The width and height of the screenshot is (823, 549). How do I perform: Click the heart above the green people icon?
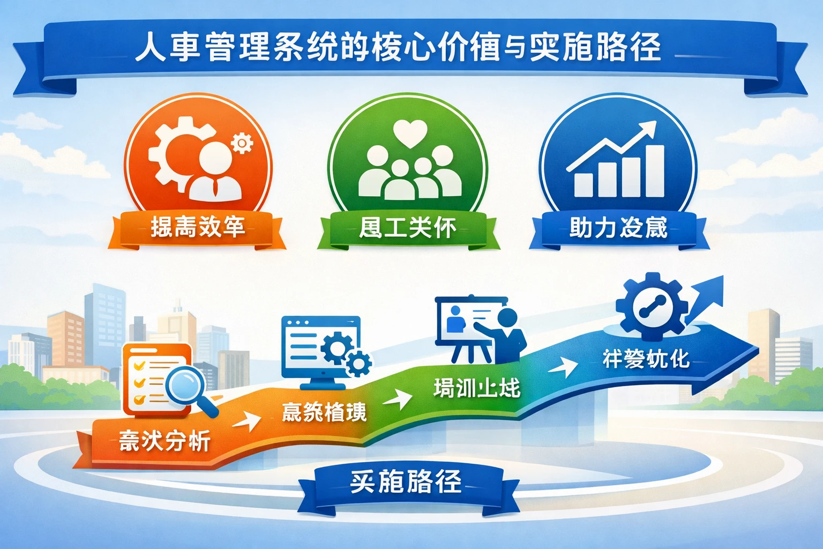point(410,133)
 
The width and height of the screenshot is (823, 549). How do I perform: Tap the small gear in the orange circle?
point(242,143)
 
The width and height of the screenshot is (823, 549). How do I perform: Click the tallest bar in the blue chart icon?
point(654,171)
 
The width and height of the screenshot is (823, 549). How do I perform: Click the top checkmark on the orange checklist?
point(140,365)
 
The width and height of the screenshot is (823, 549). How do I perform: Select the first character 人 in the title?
point(149,47)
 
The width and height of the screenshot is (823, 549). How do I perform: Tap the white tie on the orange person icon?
point(215,187)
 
